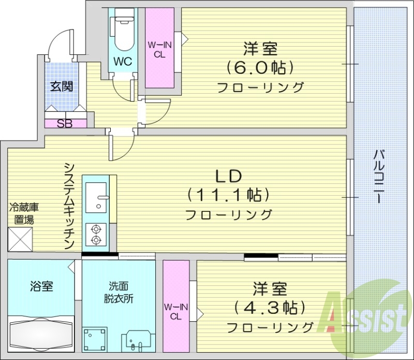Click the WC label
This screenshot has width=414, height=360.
(123, 62)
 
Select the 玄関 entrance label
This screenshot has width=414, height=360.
(61, 87)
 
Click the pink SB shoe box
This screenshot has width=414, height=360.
(65, 123)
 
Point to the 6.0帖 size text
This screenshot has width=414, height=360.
(260, 67)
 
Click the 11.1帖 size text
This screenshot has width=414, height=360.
(228, 195)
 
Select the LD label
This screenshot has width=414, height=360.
(228, 177)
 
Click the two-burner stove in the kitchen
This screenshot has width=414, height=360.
(95, 234)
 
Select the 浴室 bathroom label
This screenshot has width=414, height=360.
(41, 285)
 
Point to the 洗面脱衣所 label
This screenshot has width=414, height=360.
(117, 292)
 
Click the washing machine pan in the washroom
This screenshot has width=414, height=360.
(96, 340)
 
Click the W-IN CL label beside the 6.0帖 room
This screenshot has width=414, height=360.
(159, 50)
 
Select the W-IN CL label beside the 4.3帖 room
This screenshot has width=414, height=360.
(175, 311)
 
